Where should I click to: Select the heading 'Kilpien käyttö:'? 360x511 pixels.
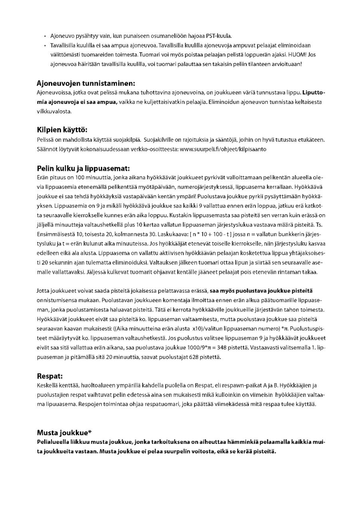[62, 130]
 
